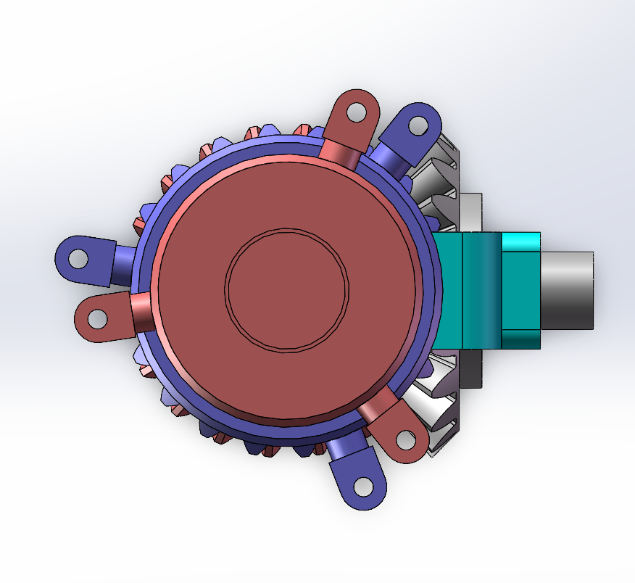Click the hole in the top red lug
(357, 112)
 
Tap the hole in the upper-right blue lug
(418, 125)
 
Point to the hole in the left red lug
(97, 318)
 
